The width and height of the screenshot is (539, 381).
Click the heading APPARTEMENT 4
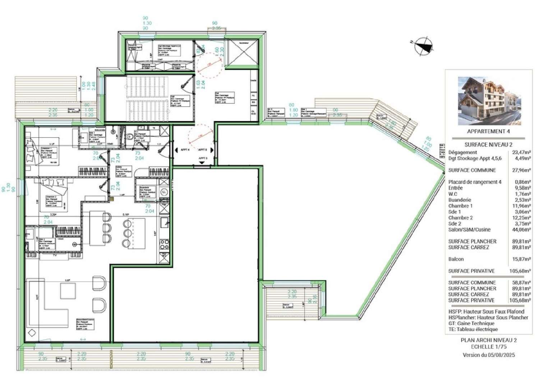[x=488, y=131]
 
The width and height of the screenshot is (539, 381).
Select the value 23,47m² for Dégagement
[x=521, y=152]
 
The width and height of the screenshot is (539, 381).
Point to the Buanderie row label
[x=460, y=200]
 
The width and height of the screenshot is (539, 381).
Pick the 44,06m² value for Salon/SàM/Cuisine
[x=521, y=229]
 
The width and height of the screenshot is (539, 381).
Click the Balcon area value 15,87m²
[x=521, y=259]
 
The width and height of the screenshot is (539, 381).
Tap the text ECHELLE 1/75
[x=488, y=347]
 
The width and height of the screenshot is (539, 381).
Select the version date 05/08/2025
[x=501, y=355]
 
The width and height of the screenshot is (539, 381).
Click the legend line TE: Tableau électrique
[x=473, y=329]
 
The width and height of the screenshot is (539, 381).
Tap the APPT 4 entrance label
[x=185, y=150]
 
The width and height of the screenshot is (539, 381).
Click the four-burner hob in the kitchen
[x=164, y=245]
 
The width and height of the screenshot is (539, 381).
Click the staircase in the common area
[x=147, y=98]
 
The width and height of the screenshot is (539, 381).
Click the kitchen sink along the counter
[x=165, y=222]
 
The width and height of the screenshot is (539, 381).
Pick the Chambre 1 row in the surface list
[x=460, y=206]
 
